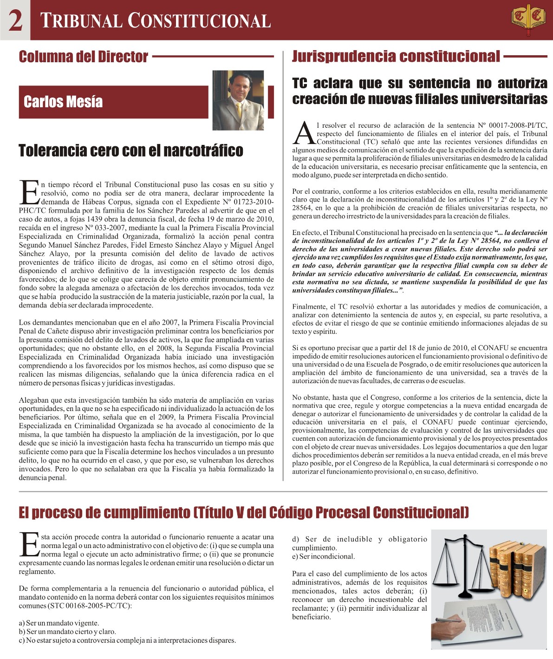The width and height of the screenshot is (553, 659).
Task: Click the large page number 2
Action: (x=15, y=20)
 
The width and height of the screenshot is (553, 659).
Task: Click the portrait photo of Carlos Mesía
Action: (x=238, y=100)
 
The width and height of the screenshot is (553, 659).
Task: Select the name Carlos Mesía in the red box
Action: (x=63, y=102)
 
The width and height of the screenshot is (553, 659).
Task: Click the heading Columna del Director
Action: (x=83, y=57)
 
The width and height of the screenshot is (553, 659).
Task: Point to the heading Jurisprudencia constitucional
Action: (x=396, y=57)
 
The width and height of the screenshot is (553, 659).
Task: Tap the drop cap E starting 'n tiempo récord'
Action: (x=29, y=193)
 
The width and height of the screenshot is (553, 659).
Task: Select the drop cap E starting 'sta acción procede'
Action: (x=29, y=544)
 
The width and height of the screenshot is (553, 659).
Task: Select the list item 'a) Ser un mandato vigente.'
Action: (x=59, y=623)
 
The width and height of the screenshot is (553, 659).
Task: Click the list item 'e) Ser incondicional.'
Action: (x=323, y=556)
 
